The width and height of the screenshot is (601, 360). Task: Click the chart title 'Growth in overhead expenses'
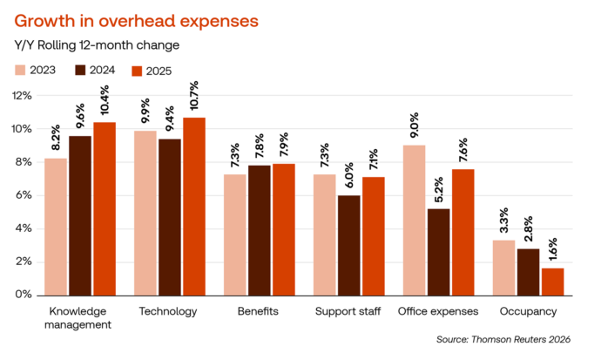point(137,19)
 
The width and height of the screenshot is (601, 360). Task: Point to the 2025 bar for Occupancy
point(554,281)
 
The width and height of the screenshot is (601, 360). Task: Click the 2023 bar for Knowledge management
point(56,226)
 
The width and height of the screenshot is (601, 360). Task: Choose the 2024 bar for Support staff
point(349,245)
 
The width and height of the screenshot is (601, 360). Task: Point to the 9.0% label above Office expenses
point(415,127)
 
